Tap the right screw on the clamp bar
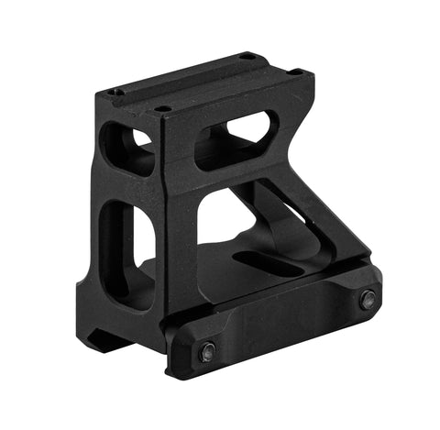367,299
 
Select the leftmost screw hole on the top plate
113,92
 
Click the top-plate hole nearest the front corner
164,109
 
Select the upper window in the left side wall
128,148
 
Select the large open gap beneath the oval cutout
229,211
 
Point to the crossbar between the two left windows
128,188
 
